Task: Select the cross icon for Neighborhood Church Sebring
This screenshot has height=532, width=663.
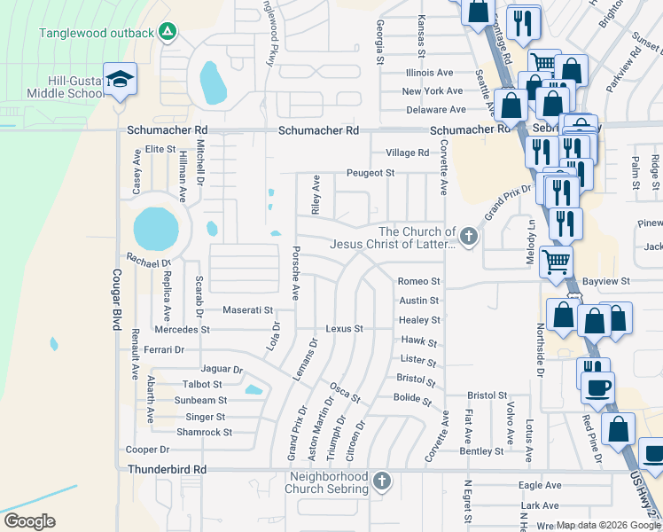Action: click(381, 482)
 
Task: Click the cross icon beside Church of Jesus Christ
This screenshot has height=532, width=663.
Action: click(469, 237)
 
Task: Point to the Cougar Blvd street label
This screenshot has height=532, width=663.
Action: click(116, 300)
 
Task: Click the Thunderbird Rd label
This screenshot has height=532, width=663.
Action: click(167, 469)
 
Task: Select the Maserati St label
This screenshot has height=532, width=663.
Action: click(247, 310)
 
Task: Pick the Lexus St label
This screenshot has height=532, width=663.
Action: click(344, 329)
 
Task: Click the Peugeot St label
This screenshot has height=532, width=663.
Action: click(370, 173)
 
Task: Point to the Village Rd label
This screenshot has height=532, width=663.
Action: click(412, 153)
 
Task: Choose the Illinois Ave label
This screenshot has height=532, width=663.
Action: click(429, 73)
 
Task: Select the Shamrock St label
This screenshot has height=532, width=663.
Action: click(204, 433)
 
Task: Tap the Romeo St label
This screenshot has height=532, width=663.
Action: click(418, 281)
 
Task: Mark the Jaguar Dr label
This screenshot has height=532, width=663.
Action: click(222, 369)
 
